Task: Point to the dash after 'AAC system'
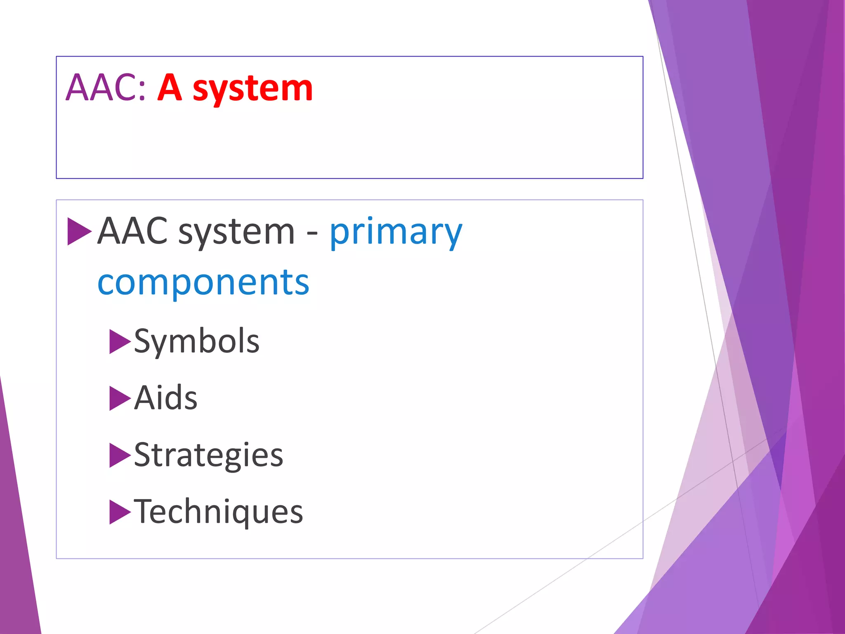pos(312,234)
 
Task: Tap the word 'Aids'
pos(165,398)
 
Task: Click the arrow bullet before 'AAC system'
pos(79,232)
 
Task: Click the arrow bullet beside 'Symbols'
pos(119,342)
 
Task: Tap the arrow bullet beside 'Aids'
pos(119,398)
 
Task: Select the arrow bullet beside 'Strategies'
pos(119,455)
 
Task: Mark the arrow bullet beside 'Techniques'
pos(119,512)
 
